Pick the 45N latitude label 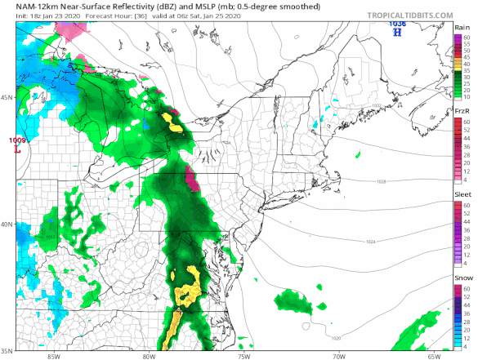pyautogui.click(x=7, y=97)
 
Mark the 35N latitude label pyautogui.click(x=7, y=351)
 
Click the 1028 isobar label pyautogui.click(x=382, y=181)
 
